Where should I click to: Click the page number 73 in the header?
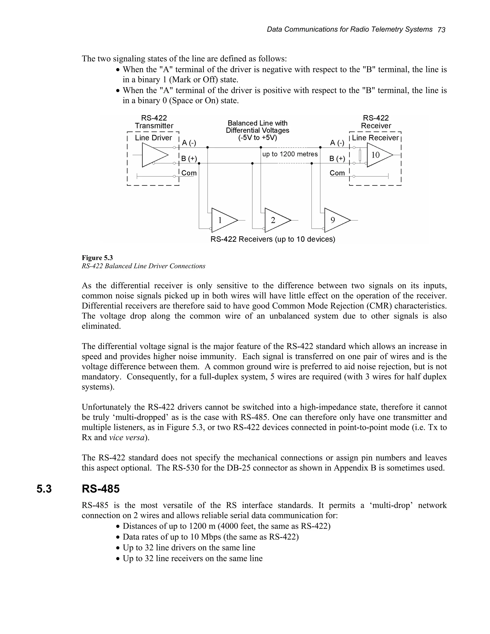point(441,30)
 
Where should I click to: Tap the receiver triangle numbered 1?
point(222,220)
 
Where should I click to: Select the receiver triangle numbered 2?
point(275,220)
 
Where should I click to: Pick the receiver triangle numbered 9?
point(334,220)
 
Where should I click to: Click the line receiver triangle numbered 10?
point(377,155)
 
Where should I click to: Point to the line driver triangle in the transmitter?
point(152,155)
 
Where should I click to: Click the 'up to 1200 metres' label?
point(290,154)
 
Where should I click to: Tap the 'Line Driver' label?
point(153,138)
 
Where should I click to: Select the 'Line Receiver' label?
point(375,138)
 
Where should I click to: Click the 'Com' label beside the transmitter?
point(189,173)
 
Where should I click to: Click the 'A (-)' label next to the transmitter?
point(189,143)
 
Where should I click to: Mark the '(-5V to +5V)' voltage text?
point(257,138)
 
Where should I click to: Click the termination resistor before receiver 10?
point(360,155)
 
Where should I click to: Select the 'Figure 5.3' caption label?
point(97,258)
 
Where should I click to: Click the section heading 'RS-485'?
point(100,489)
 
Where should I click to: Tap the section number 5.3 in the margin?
point(44,489)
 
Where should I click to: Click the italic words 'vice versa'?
point(127,438)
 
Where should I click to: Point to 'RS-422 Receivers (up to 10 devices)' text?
point(273,239)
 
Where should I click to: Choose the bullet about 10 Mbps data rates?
point(211,537)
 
